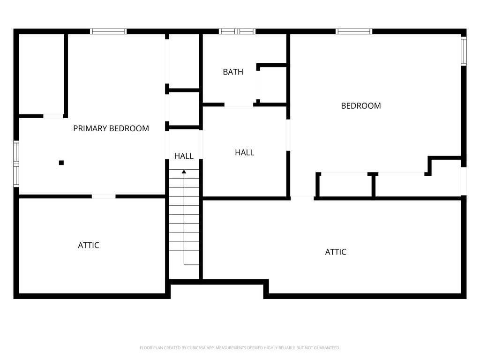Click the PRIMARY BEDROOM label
111,128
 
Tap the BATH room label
233,72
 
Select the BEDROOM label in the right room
360,106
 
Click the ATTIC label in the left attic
89,245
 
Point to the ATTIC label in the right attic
336,252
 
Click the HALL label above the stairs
184,156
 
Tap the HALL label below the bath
244,152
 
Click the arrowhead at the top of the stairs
184,172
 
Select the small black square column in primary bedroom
61,163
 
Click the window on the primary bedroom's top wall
108,31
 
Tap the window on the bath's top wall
237,31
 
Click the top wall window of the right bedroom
354,31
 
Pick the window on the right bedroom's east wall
464,51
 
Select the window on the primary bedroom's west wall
16,164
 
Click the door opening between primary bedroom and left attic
104,196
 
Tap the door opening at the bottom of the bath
239,105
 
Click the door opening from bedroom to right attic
302,198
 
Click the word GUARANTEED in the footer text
325,348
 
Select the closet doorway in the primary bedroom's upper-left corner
53,116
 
